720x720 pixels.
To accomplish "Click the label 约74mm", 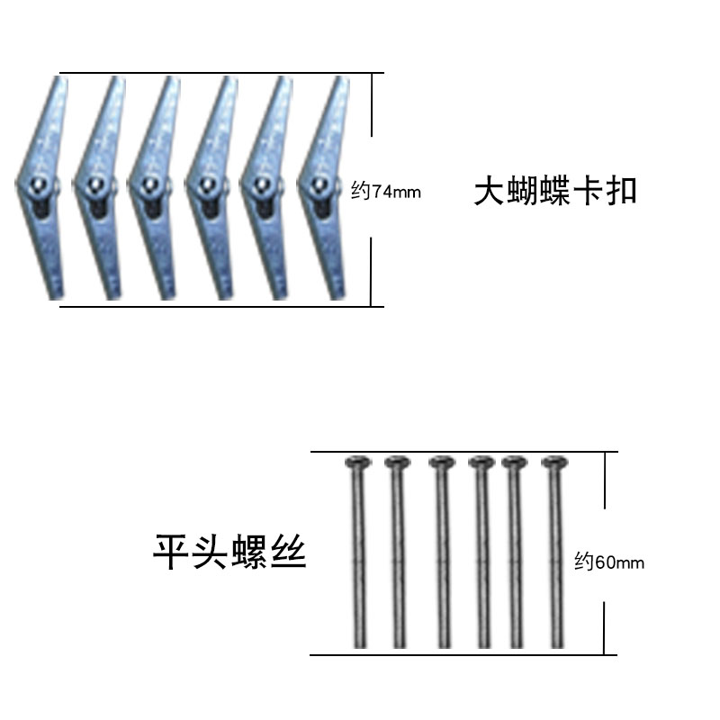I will point(386,191).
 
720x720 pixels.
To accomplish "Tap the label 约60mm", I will point(609,562).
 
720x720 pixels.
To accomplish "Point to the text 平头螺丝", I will point(230,552).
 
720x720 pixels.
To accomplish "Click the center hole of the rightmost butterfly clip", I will point(319,186).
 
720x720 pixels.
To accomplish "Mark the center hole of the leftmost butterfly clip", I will point(37,186).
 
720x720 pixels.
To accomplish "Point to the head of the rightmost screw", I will point(554,464).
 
